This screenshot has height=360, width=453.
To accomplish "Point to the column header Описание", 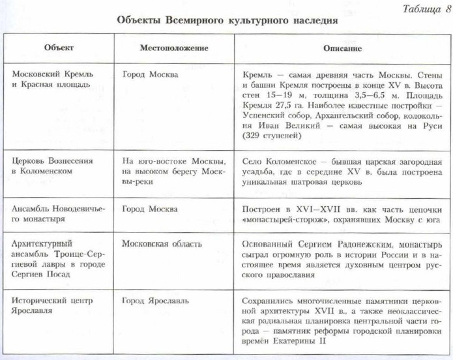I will pyautogui.click(x=342, y=49).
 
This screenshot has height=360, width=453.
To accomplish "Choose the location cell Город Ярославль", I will pyautogui.click(x=154, y=302).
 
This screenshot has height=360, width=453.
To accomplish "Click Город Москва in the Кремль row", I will pyautogui.click(x=150, y=74).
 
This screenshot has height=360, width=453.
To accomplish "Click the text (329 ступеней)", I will pyautogui.click(x=270, y=138).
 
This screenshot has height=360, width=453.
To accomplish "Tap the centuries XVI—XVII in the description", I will pyautogui.click(x=317, y=209).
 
